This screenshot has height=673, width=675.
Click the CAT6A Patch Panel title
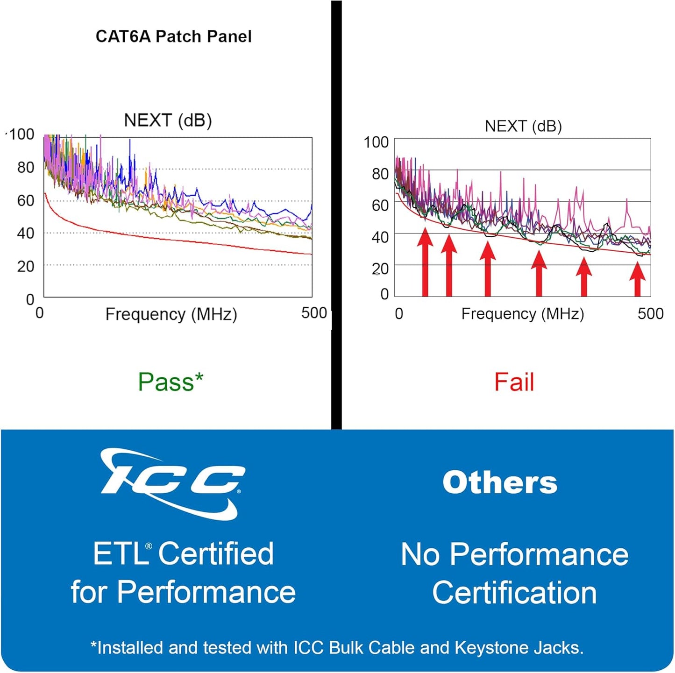tap(173, 36)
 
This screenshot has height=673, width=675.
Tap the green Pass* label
tap(171, 382)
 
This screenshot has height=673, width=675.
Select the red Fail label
tap(514, 382)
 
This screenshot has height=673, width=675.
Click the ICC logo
tap(172, 484)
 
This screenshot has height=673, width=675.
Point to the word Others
tap(500, 482)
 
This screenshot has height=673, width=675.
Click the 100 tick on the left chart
tap(21, 135)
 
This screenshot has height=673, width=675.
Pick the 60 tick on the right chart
tap(380, 205)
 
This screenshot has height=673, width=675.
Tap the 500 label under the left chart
tap(314, 313)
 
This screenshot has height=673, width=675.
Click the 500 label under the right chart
tap(650, 313)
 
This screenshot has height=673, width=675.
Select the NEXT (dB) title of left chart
tap(168, 120)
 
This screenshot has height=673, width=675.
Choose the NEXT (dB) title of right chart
tap(523, 126)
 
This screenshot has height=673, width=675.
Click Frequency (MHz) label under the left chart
tap(171, 314)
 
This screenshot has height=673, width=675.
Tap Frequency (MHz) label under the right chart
tap(522, 314)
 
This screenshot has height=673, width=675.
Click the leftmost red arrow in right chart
tap(425, 262)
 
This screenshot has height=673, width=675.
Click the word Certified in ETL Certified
tap(216, 554)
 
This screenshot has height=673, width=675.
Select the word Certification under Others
tap(514, 593)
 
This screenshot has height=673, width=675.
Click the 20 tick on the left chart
tap(26, 266)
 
